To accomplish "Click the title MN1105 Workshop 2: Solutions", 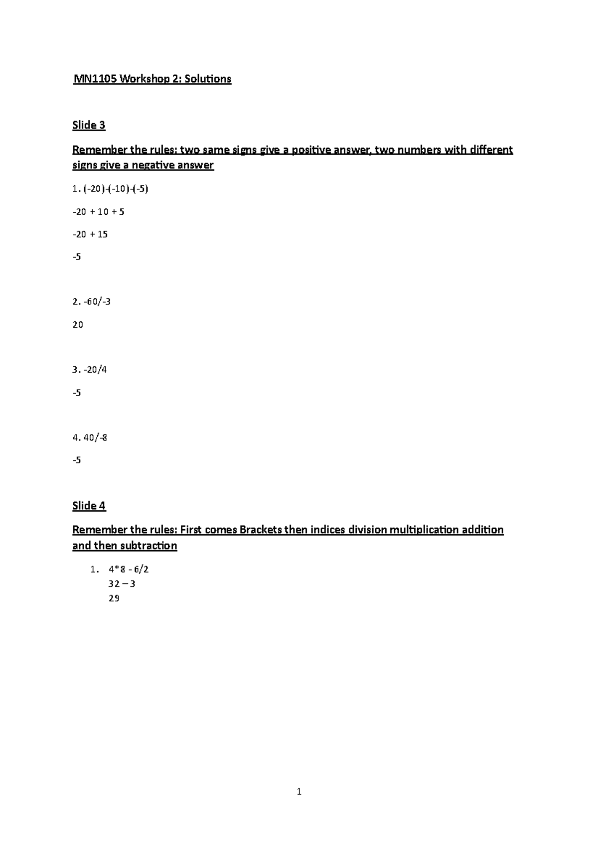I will pos(152,79).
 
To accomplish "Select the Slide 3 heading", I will pos(89,125).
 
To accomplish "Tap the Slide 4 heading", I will pos(89,506).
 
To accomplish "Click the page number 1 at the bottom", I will pos(299,791).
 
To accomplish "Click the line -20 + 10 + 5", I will pos(98,212).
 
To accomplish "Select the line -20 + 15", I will pos(90,234).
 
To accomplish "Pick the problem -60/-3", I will pos(96,301).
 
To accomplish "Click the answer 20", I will pos(78,325).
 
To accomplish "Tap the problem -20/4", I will pos(94,370).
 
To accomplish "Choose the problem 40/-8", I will pos(95,437).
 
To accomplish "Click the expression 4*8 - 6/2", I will pos(129,569).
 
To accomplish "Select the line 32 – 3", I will pos(122,583).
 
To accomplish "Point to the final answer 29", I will pos(114,598).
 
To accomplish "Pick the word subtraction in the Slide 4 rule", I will pos(149,546).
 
